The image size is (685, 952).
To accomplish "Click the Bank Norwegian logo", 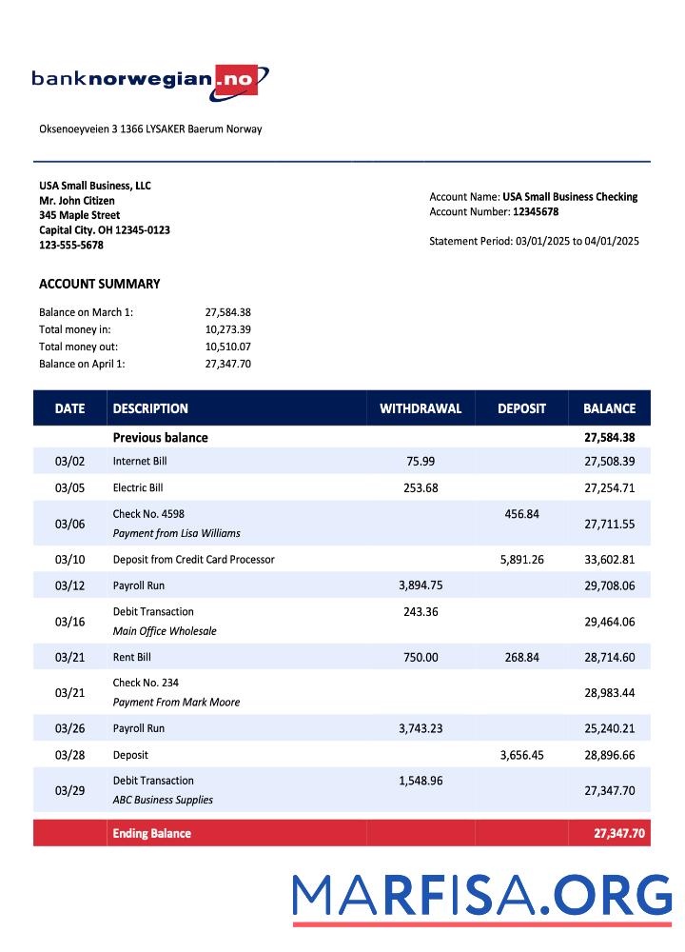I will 150,81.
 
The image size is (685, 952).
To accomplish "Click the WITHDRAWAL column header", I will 420,408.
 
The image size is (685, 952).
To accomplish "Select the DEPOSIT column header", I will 521,408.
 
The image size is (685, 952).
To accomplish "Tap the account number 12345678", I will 536,212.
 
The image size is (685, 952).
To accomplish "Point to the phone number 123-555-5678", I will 71,246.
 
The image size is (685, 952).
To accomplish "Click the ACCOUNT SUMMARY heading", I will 99,284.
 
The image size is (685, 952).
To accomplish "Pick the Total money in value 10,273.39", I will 227,329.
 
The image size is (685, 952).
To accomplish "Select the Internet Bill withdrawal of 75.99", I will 420,461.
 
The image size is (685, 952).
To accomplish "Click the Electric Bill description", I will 138,488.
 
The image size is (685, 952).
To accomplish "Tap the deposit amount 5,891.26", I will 521,560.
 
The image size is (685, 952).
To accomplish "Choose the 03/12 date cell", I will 69,586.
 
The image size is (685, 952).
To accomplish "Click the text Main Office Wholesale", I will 165,631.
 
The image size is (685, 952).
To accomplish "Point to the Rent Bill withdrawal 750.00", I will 420,658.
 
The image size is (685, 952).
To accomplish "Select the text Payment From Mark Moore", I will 176,703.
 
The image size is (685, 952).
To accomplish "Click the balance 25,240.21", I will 609,729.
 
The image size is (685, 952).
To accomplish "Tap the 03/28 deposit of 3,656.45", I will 521,755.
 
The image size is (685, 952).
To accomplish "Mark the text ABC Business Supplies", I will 163,801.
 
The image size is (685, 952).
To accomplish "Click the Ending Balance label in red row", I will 151,834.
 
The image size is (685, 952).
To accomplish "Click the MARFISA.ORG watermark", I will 481,897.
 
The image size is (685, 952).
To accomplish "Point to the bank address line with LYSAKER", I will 150,129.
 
